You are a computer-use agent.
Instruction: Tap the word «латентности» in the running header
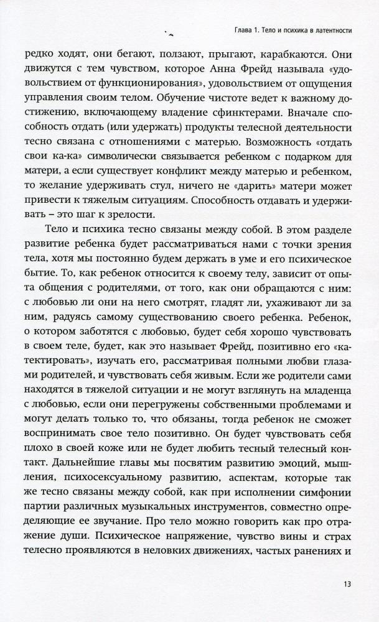click(332, 29)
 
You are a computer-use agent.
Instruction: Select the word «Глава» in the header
click(235, 29)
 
